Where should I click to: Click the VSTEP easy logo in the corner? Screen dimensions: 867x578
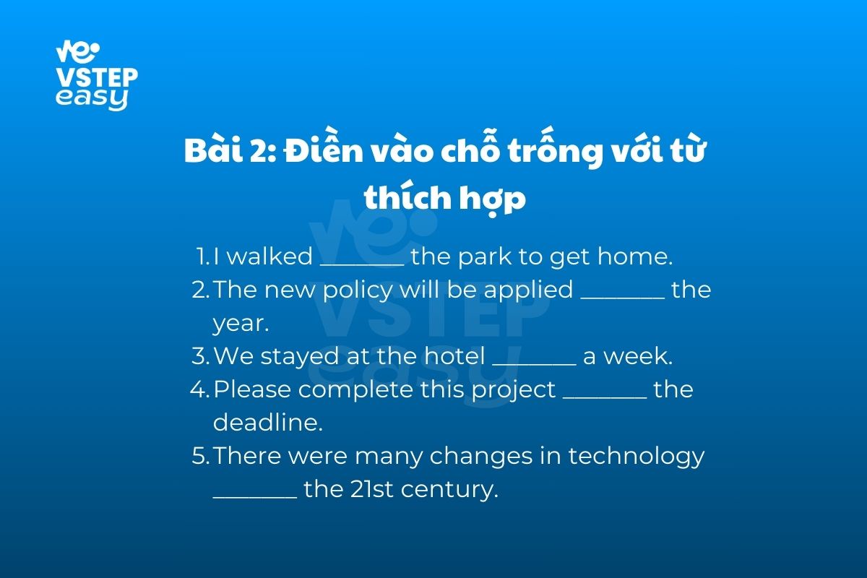click(x=97, y=75)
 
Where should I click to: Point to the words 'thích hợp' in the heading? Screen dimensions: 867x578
click(x=445, y=197)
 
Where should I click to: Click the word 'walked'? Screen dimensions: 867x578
click(x=269, y=256)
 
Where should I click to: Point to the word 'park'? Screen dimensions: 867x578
click(x=485, y=256)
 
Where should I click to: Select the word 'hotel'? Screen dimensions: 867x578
click(x=454, y=355)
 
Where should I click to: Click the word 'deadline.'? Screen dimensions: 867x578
click(x=268, y=422)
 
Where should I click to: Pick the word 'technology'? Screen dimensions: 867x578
click(x=637, y=456)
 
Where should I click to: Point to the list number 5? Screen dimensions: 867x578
click(x=201, y=456)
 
